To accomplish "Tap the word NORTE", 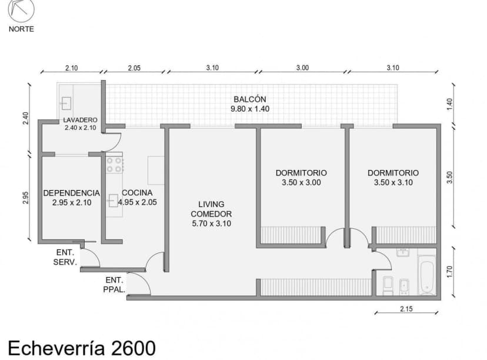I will click(x=21, y=29).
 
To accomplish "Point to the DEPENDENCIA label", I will click(x=71, y=193).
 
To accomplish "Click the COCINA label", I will click(x=137, y=193).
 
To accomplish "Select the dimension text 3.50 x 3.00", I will click(x=301, y=183).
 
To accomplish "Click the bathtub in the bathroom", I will click(x=426, y=276).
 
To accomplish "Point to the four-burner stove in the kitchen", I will click(x=114, y=164).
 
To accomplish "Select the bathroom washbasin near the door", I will click(x=403, y=253).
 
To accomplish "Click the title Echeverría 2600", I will click(x=81, y=347).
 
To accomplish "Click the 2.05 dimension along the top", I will click(x=134, y=68).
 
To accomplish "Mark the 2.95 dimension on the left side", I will click(x=25, y=198).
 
